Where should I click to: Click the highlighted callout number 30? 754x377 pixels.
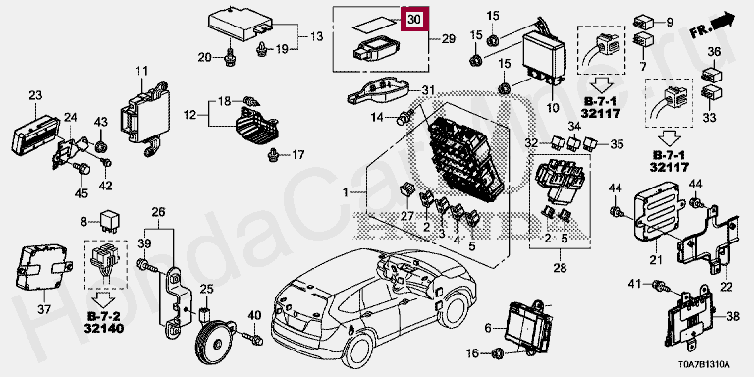tap(414, 20)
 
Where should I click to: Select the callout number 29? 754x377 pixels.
tap(448, 39)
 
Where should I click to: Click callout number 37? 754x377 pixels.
tap(43, 310)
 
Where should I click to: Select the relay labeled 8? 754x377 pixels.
tap(108, 221)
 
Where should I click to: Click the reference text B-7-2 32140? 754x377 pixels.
tap(104, 322)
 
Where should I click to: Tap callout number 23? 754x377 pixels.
tap(35, 95)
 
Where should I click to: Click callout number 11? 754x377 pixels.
tap(141, 72)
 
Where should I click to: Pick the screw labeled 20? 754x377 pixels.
tap(230, 57)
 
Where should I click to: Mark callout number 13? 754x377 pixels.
tap(316, 37)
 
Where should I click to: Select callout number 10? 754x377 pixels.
tap(553, 108)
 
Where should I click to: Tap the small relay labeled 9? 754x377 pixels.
tap(644, 23)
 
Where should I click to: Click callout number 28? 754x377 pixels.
tap(560, 268)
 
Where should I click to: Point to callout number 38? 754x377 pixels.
tap(732, 317)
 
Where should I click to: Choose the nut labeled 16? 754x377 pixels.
tap(498, 353)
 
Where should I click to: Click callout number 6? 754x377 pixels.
tap(488, 328)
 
